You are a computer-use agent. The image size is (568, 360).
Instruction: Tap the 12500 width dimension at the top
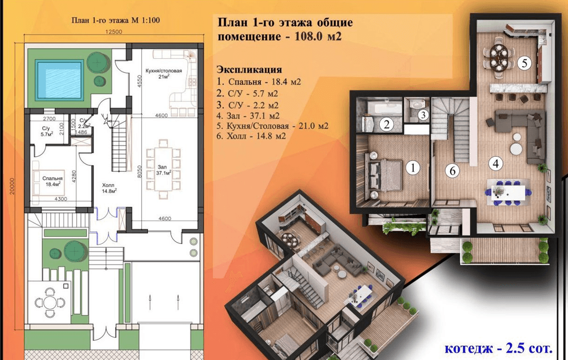[x=114, y=32]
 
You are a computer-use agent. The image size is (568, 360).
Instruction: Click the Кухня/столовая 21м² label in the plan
[x=164, y=74]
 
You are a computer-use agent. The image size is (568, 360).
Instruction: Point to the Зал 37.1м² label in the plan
[x=164, y=170]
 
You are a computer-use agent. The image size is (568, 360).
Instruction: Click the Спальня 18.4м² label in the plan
[x=53, y=181]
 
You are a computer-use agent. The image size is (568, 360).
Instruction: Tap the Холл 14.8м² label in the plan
[x=109, y=188]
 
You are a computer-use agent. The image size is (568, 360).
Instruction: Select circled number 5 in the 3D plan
[x=524, y=63]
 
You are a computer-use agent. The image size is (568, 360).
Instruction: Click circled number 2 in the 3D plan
[x=387, y=125]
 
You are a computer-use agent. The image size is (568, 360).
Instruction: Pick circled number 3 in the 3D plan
[x=423, y=115]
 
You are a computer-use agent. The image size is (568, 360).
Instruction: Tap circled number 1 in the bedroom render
[x=413, y=168]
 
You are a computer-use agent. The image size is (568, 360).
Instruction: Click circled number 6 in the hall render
[x=452, y=170]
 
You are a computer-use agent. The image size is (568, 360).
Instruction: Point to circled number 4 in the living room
[x=495, y=163]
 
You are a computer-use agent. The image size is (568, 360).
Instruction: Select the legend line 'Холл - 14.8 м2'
[x=251, y=137]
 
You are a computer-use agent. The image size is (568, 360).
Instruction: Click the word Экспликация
[x=249, y=69]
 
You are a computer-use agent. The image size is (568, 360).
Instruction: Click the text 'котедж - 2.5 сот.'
[x=499, y=349]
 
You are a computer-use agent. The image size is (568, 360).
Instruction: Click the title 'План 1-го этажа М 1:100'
[x=116, y=20]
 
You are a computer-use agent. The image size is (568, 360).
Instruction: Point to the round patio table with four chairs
[x=49, y=303]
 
